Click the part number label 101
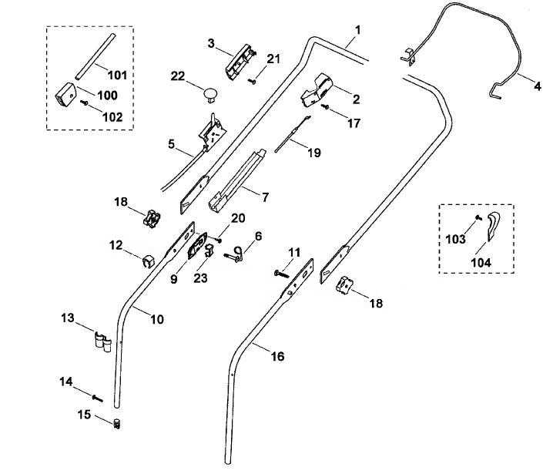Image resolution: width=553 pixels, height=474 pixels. (x=117, y=76)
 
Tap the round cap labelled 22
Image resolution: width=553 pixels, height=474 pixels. (x=210, y=94)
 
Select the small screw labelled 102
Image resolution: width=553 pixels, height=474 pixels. (x=85, y=103)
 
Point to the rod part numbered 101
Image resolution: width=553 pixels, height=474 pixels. (x=96, y=56)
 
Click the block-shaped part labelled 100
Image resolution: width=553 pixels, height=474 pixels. (x=65, y=94)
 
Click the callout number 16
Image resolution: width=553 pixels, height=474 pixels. (x=278, y=356)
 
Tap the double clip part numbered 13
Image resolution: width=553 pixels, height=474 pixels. (x=103, y=341)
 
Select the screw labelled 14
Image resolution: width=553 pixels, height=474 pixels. (x=97, y=398)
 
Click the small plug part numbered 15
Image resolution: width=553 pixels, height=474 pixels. (x=116, y=423)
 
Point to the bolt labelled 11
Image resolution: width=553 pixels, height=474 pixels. (x=281, y=273)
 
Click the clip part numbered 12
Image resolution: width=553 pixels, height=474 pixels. (x=149, y=261)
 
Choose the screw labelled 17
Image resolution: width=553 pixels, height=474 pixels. (x=325, y=106)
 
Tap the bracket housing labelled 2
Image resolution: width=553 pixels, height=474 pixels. (x=317, y=90)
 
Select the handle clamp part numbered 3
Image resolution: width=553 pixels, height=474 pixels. (x=239, y=62)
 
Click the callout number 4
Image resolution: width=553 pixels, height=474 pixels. (x=537, y=86)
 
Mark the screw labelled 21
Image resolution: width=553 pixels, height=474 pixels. (x=253, y=81)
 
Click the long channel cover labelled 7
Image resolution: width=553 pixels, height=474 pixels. (x=236, y=180)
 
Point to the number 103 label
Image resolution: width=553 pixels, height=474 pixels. (x=456, y=239)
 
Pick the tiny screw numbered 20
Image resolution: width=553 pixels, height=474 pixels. (x=218, y=240)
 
